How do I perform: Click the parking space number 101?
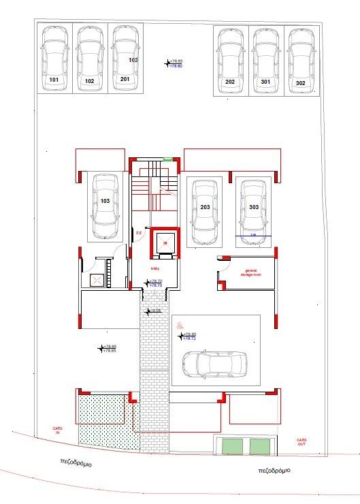(54, 80)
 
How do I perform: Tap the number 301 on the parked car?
(265, 82)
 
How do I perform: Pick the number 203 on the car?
(205, 206)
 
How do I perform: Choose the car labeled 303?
(253, 206)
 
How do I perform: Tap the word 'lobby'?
(155, 268)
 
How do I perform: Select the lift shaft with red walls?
(164, 242)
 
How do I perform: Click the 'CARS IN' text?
(58, 430)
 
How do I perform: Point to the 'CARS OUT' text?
(301, 442)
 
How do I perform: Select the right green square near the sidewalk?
(259, 447)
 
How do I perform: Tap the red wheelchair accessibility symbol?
(180, 326)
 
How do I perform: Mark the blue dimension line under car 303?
(254, 236)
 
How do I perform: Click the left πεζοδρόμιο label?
(75, 463)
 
